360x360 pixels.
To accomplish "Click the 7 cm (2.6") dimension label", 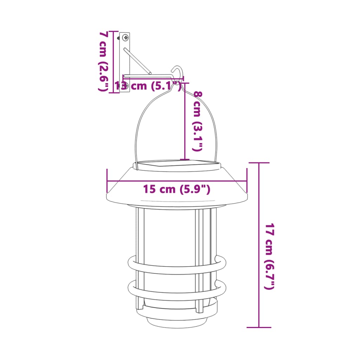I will click(x=103, y=62).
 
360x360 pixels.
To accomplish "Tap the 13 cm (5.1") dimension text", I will click(x=148, y=85).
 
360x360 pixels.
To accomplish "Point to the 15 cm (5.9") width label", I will click(x=176, y=189).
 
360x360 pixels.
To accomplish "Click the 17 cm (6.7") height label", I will click(x=269, y=256).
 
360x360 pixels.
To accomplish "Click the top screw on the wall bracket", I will click(x=126, y=37).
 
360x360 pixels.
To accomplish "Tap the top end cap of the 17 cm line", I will click(x=259, y=163).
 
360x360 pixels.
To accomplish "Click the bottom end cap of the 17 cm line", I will click(x=259, y=327).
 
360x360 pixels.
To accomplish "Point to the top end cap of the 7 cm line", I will click(x=113, y=31).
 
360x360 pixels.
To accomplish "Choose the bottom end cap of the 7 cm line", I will click(x=113, y=93).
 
